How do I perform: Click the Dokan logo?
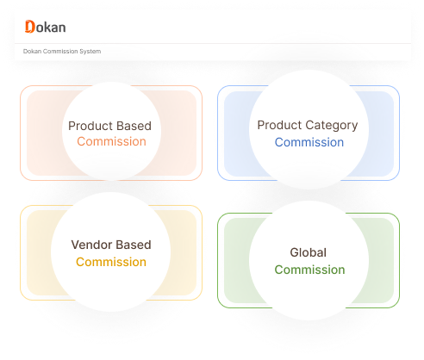[46, 27]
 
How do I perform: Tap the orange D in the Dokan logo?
[30, 27]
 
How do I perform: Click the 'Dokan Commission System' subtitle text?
[62, 52]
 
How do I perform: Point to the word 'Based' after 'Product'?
[134, 126]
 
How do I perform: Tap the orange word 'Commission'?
[111, 141]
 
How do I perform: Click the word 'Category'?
[332, 126]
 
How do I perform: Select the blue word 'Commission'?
[309, 142]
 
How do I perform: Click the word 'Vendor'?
[91, 245]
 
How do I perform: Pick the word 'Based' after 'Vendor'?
[134, 245]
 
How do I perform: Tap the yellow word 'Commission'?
[111, 262]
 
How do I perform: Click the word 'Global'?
[309, 252]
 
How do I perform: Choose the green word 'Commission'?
[309, 270]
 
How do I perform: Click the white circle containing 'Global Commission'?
[309, 260]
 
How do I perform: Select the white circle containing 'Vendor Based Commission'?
[111, 251]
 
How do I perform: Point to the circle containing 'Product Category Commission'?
[309, 129]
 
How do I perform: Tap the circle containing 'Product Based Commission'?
[111, 132]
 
